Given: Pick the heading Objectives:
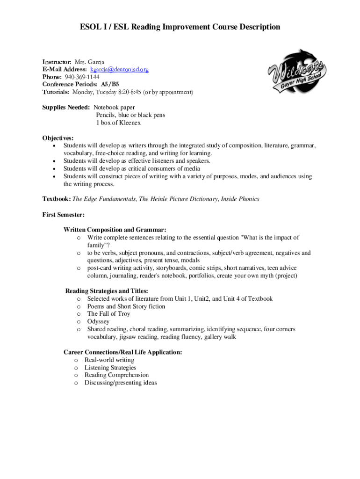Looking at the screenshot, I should [x=58, y=138].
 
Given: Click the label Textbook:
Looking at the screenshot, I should [x=57, y=199].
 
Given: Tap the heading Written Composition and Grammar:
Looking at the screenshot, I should [x=115, y=230].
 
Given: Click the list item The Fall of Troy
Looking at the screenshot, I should [x=108, y=314].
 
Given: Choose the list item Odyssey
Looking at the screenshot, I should [x=98, y=321].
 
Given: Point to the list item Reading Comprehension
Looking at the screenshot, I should [x=116, y=375].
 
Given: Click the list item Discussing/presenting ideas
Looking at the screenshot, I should [x=121, y=383].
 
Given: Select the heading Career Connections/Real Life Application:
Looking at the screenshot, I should [x=122, y=352].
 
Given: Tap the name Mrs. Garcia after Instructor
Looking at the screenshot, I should [x=89, y=62].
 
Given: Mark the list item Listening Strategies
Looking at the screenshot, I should [x=110, y=367].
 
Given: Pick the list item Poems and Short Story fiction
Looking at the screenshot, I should [x=126, y=306].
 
